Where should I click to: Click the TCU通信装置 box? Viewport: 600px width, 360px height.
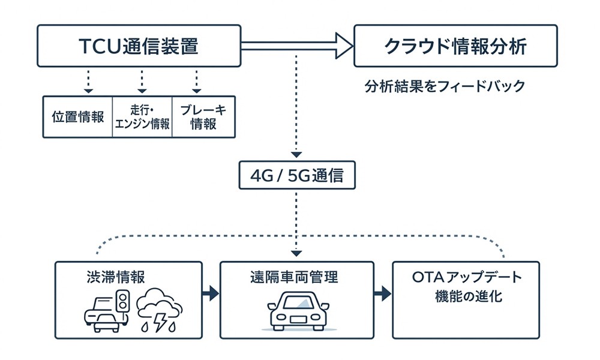point(139,46)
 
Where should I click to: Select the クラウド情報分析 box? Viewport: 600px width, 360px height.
point(455,46)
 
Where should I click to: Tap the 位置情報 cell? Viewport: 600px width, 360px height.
point(78,117)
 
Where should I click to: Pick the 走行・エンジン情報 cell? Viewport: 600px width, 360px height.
point(142,117)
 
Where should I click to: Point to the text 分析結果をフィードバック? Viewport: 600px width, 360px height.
point(445,86)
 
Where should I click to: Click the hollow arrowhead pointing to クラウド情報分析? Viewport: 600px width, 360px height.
point(343,46)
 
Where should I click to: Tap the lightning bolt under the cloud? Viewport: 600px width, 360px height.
point(161,323)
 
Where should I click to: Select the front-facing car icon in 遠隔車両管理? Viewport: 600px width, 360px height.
point(297,311)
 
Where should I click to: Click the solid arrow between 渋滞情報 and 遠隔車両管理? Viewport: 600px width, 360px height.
point(210,293)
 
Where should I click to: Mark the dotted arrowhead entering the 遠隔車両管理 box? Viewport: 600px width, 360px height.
point(297,254)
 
